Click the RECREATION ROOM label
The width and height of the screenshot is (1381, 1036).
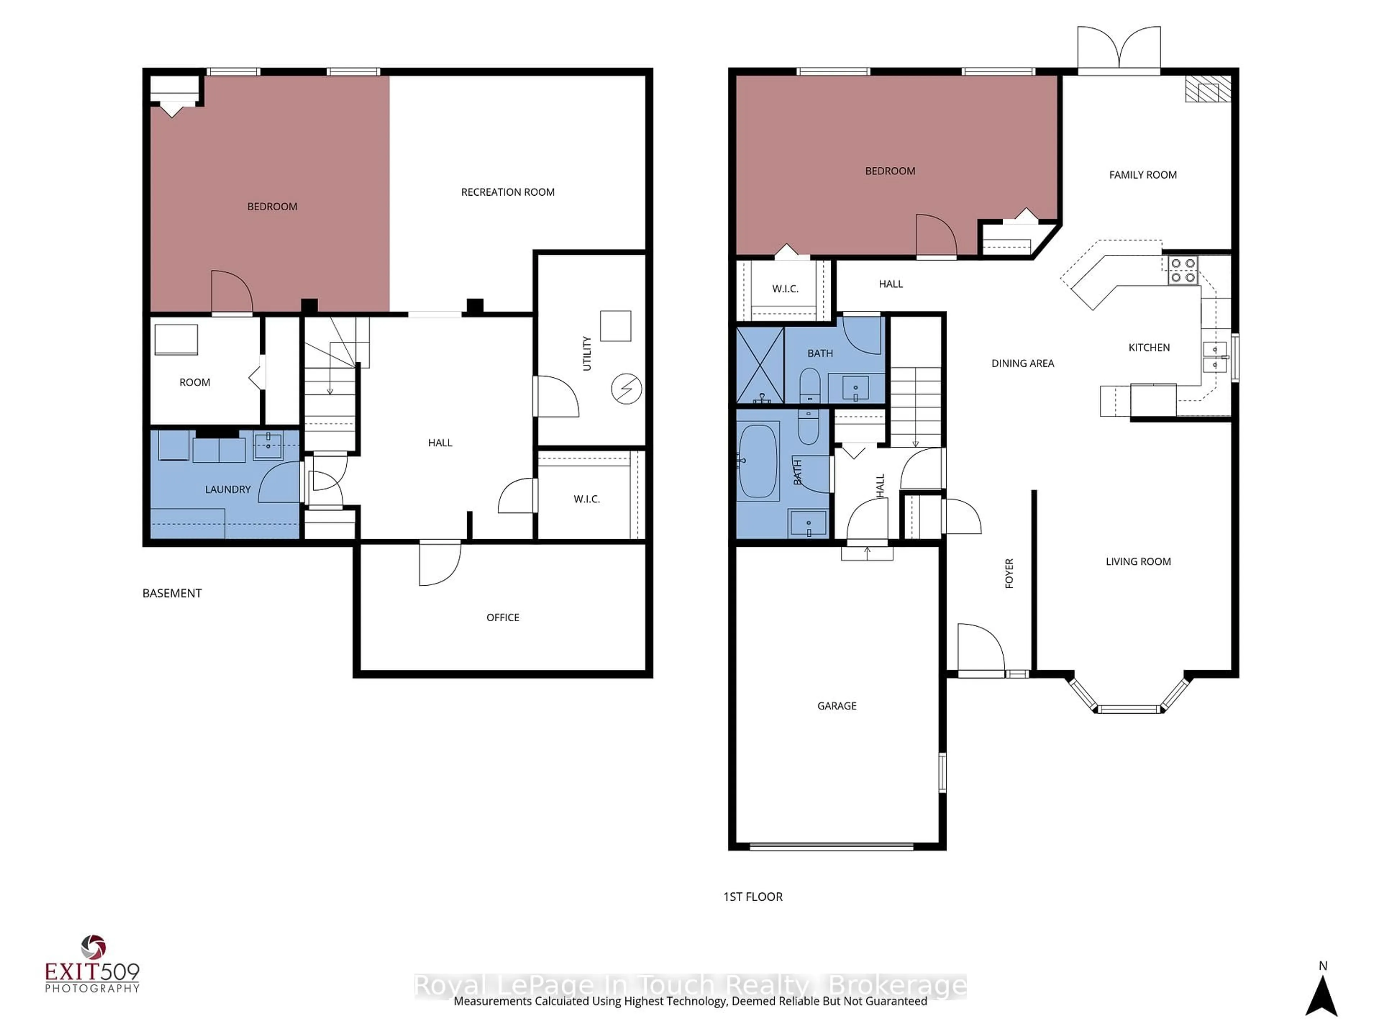point(507,192)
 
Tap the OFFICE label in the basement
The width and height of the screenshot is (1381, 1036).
point(502,618)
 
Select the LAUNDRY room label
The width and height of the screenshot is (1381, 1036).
point(228,490)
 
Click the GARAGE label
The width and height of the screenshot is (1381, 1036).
point(837,706)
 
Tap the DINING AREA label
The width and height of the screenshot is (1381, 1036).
point(1023,363)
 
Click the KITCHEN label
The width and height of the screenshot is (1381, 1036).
point(1149,348)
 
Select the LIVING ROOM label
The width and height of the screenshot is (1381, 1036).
point(1138,562)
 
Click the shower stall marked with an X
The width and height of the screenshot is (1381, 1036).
point(760,365)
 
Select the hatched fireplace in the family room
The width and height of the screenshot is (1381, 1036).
point(1208,89)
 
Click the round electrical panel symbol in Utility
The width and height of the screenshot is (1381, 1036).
point(626,389)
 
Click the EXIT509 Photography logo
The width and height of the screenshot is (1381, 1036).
point(92,965)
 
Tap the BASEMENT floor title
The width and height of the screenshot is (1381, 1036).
point(172,593)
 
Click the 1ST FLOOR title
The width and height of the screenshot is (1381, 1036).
point(752,897)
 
